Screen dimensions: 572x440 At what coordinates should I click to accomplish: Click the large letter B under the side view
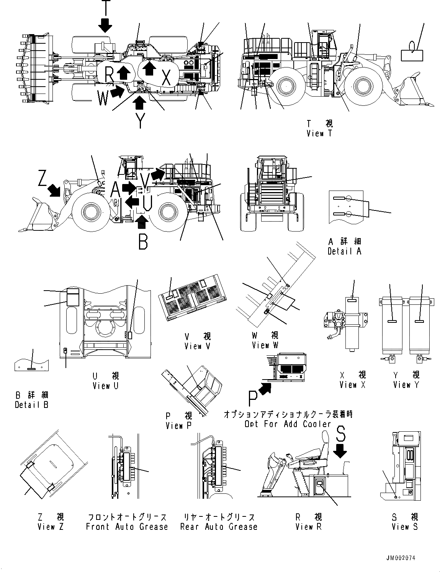[x=143, y=242]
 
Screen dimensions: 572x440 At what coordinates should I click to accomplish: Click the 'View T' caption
[x=319, y=133]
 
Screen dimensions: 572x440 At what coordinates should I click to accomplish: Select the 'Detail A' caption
[x=344, y=251]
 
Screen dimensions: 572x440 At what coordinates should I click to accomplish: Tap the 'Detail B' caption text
[x=32, y=404]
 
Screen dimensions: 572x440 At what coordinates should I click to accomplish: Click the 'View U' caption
[x=106, y=386]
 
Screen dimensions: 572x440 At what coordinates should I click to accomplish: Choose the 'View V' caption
[x=198, y=346]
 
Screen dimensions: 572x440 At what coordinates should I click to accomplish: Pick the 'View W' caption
[x=265, y=345]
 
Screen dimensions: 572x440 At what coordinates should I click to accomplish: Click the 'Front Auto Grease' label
[x=127, y=527]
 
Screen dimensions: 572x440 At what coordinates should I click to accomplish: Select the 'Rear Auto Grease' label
[x=219, y=527]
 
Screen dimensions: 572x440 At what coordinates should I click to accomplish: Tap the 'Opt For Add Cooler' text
[x=288, y=424]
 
